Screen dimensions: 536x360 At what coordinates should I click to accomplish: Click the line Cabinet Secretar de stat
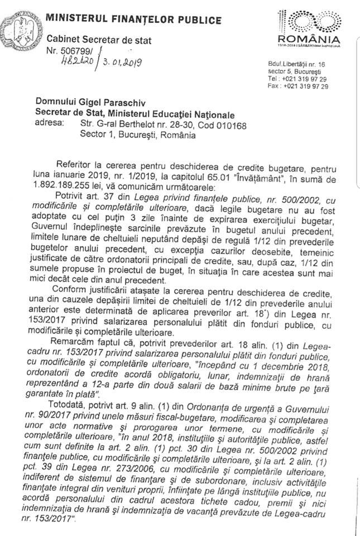(99, 40)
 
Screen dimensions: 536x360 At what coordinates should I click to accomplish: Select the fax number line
(297, 87)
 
